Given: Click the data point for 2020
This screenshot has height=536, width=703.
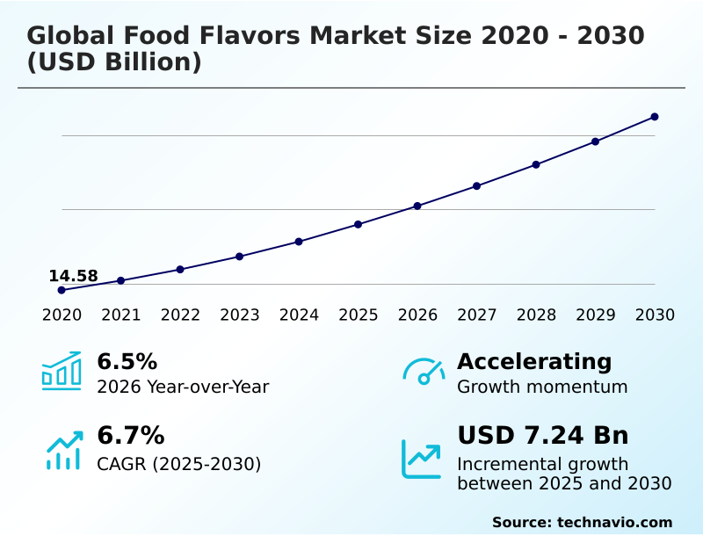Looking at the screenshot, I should [x=62, y=290].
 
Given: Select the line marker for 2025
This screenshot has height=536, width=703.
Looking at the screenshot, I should [x=359, y=224].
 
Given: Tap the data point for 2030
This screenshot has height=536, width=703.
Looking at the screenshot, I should [x=655, y=117].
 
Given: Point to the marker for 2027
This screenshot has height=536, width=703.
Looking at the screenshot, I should [x=477, y=186].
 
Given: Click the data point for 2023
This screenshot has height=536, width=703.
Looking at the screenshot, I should [x=240, y=257].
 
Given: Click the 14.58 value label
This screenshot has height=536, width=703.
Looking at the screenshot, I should [x=73, y=276].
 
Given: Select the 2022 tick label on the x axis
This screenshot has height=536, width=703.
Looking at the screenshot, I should [x=180, y=315].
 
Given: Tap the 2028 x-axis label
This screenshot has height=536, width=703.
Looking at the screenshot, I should [x=536, y=315].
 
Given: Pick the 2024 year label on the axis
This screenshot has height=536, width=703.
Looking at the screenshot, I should [x=299, y=315].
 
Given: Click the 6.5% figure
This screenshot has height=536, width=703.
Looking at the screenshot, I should [x=127, y=361].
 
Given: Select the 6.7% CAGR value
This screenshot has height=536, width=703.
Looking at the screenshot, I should [x=130, y=435].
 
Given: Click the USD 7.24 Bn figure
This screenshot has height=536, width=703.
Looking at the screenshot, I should [x=543, y=435].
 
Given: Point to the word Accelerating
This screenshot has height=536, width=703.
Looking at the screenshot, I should [x=534, y=361].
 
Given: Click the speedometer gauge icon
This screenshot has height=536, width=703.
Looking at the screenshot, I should [x=424, y=371].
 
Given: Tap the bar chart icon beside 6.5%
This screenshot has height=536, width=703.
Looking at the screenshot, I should [x=62, y=371].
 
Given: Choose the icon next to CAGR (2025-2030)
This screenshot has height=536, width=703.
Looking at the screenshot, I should [x=63, y=449].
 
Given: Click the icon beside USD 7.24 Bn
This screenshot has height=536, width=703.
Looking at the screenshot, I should [x=422, y=459].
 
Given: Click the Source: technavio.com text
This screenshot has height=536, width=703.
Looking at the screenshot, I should [x=582, y=522].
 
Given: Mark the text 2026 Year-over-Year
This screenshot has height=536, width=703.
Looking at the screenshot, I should [x=183, y=387].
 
